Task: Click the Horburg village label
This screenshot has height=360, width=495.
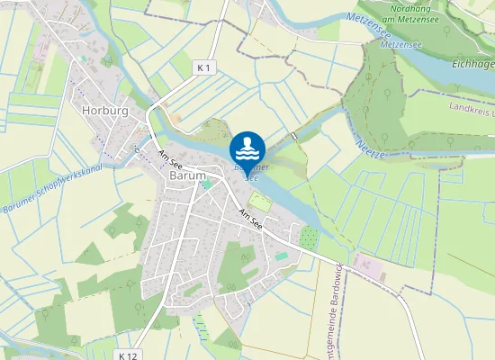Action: click(x=104, y=111)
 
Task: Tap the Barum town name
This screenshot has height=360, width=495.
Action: click(x=187, y=176)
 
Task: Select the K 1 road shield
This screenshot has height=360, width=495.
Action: click(x=204, y=67)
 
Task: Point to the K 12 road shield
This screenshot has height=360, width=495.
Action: click(x=128, y=355)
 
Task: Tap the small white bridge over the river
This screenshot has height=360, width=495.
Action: click(x=294, y=136)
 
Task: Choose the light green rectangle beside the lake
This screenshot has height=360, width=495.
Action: click(x=259, y=202)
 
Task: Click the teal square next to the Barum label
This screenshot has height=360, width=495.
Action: click(x=208, y=184)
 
